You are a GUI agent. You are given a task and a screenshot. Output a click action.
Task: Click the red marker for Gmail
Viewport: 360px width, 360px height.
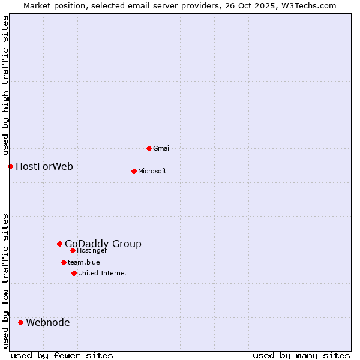click(149, 148)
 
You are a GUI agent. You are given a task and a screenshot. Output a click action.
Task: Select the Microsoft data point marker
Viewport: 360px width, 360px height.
click(134, 171)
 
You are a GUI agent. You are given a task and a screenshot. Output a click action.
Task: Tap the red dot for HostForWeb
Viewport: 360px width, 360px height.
click(10, 166)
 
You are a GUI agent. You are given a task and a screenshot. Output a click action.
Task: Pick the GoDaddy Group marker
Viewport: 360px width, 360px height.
click(59, 244)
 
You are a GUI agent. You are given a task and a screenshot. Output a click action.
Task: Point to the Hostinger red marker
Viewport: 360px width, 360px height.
click(73, 250)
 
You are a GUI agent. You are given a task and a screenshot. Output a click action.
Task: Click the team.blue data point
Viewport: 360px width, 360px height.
click(64, 262)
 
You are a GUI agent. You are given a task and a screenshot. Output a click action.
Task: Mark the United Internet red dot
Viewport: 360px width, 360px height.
click(74, 273)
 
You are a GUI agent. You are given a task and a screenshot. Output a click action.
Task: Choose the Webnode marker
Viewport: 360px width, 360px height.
click(20, 322)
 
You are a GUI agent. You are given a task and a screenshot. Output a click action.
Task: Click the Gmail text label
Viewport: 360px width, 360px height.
click(162, 148)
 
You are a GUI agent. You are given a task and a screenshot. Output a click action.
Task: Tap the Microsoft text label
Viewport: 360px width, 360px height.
click(152, 171)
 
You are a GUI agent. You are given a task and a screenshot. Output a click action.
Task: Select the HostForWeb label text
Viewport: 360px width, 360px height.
click(44, 166)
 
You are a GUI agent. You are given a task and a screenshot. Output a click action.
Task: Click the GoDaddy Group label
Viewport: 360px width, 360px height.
click(103, 244)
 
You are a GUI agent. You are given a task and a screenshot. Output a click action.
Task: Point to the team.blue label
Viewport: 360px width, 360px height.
click(84, 262)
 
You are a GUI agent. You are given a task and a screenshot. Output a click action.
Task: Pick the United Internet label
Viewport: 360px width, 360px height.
click(103, 273)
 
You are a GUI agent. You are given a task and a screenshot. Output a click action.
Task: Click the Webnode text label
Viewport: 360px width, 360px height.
click(48, 322)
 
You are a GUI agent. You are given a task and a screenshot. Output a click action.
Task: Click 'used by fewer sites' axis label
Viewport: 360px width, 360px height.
click(62, 355)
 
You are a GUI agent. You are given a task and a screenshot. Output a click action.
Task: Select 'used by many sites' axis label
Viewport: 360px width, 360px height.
click(301, 355)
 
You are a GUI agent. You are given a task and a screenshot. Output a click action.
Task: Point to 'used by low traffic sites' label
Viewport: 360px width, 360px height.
click(6, 281)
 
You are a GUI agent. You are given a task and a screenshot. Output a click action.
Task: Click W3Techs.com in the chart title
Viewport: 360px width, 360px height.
click(307, 5)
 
